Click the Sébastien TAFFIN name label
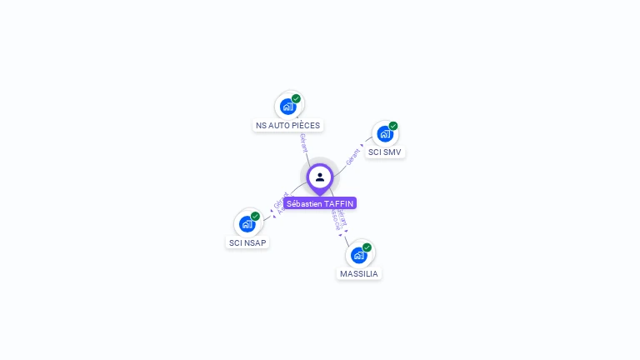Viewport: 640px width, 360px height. click(x=320, y=203)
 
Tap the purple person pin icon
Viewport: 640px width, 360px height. click(x=320, y=177)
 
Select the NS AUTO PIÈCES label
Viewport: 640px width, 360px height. click(x=287, y=125)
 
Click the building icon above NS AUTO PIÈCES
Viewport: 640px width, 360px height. click(x=287, y=107)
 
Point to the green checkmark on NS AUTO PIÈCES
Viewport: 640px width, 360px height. click(x=296, y=98)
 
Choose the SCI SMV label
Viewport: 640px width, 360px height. click(x=385, y=152)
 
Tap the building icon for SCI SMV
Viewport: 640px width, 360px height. click(x=384, y=133)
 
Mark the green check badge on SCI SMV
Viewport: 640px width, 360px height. click(x=393, y=126)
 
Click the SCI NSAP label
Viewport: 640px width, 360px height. click(x=248, y=242)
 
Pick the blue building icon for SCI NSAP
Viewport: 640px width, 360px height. click(x=247, y=223)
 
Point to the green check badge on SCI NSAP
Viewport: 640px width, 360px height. click(x=256, y=216)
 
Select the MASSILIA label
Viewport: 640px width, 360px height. click(x=359, y=273)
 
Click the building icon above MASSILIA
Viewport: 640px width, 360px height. click(x=358, y=254)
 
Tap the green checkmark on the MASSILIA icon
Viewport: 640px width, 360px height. click(x=367, y=247)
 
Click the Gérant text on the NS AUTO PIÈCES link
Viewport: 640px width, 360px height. click(x=303, y=142)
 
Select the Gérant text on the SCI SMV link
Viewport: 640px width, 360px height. click(x=353, y=155)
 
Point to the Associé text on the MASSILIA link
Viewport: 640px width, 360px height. click(x=335, y=219)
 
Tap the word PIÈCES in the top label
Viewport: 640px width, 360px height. click(x=305, y=125)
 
